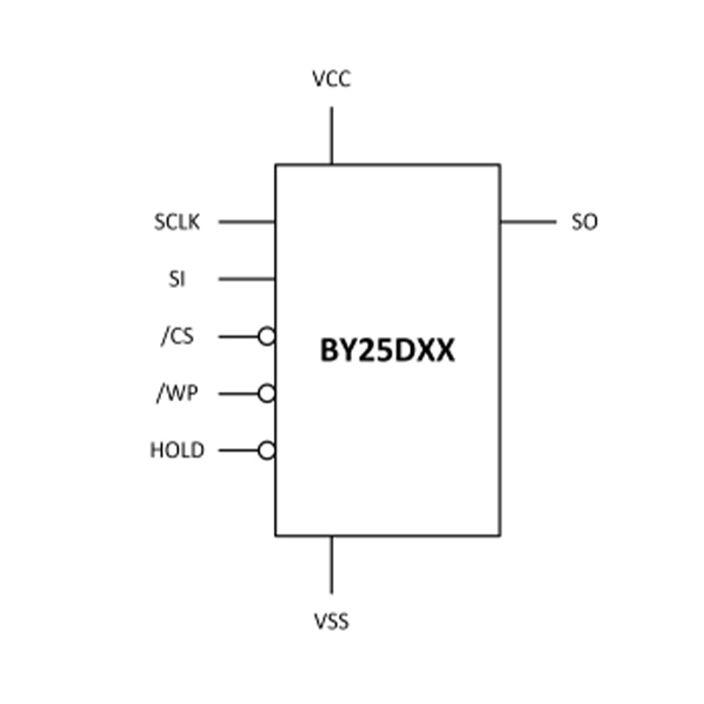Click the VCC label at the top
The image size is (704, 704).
click(x=332, y=79)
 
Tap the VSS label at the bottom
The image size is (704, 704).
click(x=332, y=621)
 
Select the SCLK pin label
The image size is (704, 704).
click(x=177, y=222)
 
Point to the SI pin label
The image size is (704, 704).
click(x=177, y=279)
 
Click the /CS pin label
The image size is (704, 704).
click(x=178, y=336)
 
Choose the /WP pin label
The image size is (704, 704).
click(x=177, y=393)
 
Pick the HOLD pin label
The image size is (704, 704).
click(x=177, y=450)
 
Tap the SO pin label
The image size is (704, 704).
click(x=584, y=222)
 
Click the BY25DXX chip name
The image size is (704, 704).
click(x=387, y=350)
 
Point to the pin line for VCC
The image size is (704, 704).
click(x=332, y=136)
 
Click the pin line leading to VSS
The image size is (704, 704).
click(x=332, y=565)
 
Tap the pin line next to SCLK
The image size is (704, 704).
click(x=247, y=222)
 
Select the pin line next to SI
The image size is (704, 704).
click(x=247, y=279)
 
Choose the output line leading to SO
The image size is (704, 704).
click(x=529, y=222)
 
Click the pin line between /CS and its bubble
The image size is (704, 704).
click(x=238, y=337)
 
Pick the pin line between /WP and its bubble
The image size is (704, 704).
click(x=238, y=394)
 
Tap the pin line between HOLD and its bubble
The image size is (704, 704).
click(x=238, y=451)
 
